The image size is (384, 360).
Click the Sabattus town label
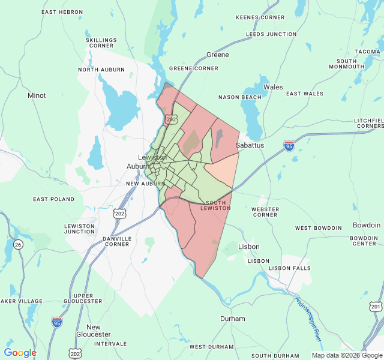click(x=250, y=145)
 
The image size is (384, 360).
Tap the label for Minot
click(x=37, y=95)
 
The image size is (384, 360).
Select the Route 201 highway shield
click(x=376, y=306)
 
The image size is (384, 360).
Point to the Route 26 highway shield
click(x=18, y=244)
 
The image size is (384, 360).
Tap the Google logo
click(x=20, y=353)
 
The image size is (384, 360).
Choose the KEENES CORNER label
click(x=260, y=17)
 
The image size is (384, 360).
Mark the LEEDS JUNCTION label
click(x=271, y=34)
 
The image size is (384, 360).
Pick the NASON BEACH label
click(x=239, y=97)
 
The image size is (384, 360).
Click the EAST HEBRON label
click(x=62, y=12)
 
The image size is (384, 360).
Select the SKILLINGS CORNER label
click(x=101, y=43)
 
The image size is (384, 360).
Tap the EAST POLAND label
click(x=53, y=199)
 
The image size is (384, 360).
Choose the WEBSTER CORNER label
click(x=265, y=212)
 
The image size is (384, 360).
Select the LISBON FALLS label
click(x=290, y=268)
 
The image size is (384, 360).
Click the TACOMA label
click(x=367, y=52)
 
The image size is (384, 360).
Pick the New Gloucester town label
click(x=94, y=331)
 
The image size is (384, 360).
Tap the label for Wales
click(x=273, y=87)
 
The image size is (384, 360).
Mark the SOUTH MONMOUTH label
click(x=355, y=64)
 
